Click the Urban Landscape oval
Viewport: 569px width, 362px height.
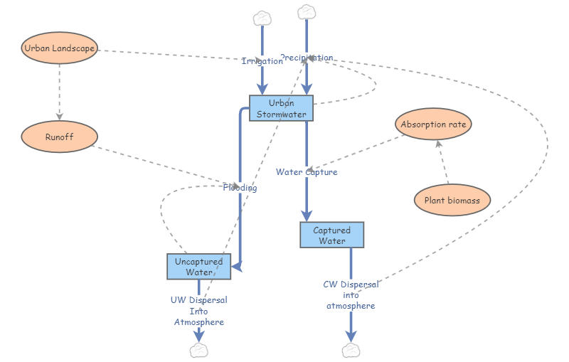[59, 48]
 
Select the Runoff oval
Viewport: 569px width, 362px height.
[59, 137]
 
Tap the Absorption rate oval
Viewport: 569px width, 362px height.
[433, 124]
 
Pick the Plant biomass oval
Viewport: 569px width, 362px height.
[452, 200]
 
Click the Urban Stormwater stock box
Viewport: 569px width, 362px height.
[282, 107]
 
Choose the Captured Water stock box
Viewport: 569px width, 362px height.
[331, 235]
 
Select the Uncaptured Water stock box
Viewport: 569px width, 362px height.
[199, 266]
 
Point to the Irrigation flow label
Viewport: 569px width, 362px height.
[262, 61]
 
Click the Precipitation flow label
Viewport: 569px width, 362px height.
[307, 58]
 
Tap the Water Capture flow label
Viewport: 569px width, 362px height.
[307, 171]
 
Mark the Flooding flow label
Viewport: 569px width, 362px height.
[240, 188]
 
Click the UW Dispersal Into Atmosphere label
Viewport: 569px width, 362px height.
[199, 311]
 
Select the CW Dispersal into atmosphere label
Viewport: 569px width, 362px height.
[351, 294]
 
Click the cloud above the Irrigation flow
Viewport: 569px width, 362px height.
[262, 17]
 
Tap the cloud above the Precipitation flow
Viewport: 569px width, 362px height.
[307, 11]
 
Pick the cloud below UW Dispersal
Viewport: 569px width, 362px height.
[199, 349]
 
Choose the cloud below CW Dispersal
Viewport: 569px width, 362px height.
[351, 349]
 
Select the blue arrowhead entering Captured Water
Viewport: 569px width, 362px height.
[307, 215]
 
